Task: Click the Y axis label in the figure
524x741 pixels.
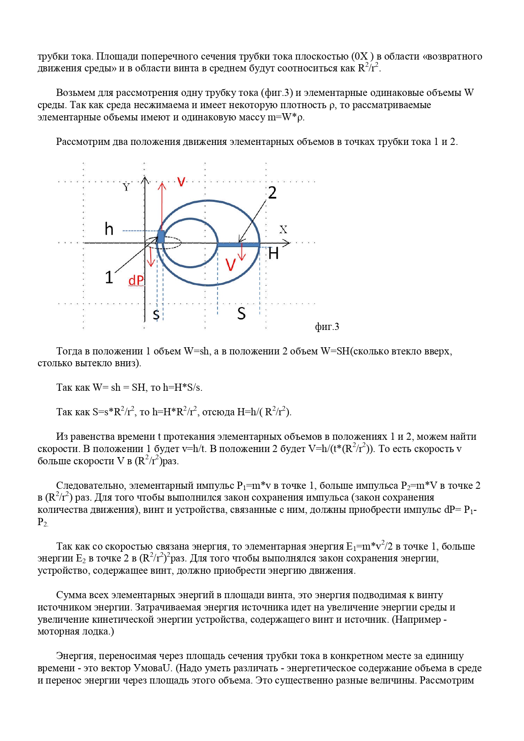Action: tap(126, 187)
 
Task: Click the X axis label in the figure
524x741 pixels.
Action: tap(283, 229)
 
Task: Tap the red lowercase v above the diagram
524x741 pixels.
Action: tap(181, 182)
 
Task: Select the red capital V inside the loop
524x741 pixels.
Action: tap(231, 265)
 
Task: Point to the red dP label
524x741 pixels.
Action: tap(136, 281)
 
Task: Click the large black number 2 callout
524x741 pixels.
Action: tap(272, 193)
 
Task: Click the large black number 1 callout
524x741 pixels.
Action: tap(109, 278)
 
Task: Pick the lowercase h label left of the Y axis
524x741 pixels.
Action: tap(109, 229)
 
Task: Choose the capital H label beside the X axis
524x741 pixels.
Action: tap(274, 253)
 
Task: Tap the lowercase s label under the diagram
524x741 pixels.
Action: tap(156, 314)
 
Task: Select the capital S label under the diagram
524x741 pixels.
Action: tap(241, 313)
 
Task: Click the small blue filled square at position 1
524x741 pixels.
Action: tap(161, 237)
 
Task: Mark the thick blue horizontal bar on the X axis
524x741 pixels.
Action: tap(238, 245)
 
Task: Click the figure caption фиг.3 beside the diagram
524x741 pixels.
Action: tap(327, 327)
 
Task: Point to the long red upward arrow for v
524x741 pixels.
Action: tap(162, 207)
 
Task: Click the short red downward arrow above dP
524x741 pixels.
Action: tap(151, 257)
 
